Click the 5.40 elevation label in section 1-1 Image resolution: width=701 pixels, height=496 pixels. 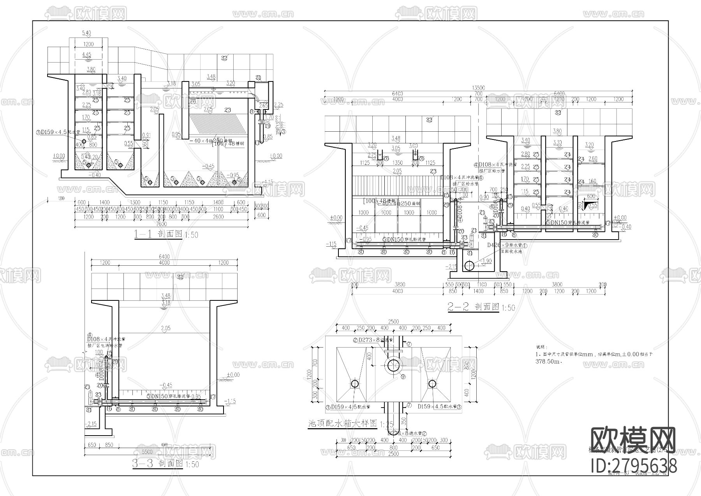[87, 32]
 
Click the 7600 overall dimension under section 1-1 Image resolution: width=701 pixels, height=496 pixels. [161, 224]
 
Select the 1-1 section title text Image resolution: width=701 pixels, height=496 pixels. [158, 234]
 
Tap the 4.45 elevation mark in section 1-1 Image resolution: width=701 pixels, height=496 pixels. [87, 55]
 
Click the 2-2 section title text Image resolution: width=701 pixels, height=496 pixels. [473, 307]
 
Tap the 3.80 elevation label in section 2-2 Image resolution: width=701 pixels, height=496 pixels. [557, 131]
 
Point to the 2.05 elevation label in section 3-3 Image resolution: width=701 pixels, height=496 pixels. [165, 328]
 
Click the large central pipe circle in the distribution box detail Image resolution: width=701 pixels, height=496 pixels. [394, 365]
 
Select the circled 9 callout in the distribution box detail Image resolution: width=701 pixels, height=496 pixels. [403, 376]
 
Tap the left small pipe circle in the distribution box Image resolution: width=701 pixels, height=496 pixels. [355, 384]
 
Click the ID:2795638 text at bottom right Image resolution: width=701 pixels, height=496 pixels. [634, 466]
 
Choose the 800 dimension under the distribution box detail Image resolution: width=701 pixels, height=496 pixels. [393, 448]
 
